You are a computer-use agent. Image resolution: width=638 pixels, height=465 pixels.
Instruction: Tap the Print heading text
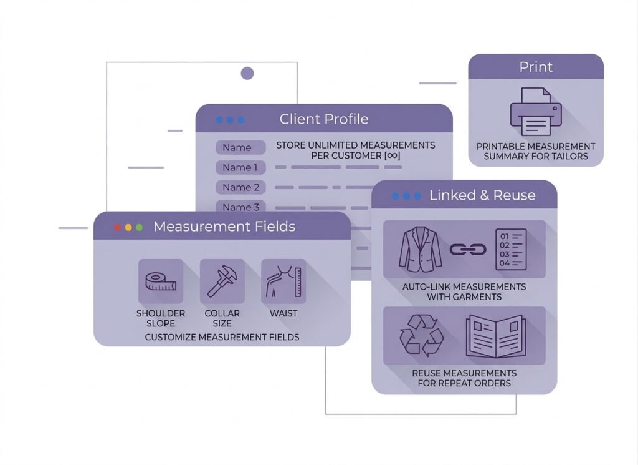[536, 67]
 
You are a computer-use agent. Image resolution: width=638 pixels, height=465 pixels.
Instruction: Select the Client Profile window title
[323, 119]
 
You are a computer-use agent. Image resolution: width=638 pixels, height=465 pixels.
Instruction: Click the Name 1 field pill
[240, 167]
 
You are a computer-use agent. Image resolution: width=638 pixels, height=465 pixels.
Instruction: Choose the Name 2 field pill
[240, 187]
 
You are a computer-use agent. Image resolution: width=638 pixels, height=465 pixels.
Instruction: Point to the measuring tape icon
[161, 281]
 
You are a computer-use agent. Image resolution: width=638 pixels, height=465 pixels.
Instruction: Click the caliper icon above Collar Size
[222, 281]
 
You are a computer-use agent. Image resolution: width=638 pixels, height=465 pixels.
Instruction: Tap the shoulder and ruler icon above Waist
[283, 281]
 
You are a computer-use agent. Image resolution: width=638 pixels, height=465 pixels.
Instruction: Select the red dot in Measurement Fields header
[117, 227]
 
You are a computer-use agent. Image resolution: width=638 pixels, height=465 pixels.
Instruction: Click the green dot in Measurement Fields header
[139, 227]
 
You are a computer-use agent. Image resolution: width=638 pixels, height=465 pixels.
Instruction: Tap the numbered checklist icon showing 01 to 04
[510, 249]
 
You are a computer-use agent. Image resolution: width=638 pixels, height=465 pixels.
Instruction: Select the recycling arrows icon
[421, 335]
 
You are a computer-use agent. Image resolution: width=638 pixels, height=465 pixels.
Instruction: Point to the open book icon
[495, 336]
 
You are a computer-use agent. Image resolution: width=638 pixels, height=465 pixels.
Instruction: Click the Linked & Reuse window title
[482, 195]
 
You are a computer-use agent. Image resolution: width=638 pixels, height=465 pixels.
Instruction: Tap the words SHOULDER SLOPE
[161, 318]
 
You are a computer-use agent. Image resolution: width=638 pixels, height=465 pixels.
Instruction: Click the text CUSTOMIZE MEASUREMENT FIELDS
[222, 337]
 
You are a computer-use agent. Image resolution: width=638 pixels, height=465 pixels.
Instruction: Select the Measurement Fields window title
[224, 227]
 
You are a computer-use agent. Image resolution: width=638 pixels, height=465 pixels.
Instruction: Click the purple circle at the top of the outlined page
[247, 74]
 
